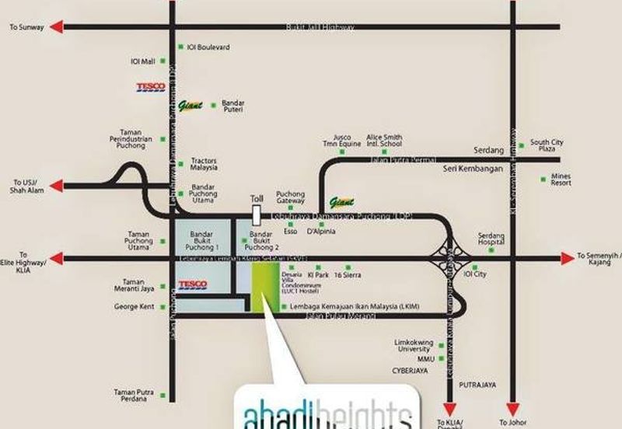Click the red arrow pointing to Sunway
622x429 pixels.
(x=56, y=27)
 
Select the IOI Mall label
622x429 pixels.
(x=143, y=61)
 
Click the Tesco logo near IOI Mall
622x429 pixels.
(x=150, y=88)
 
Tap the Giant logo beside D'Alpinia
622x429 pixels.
(x=341, y=201)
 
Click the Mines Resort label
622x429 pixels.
(x=561, y=180)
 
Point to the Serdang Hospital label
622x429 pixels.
(x=491, y=239)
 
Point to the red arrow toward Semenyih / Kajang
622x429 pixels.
(x=567, y=257)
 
